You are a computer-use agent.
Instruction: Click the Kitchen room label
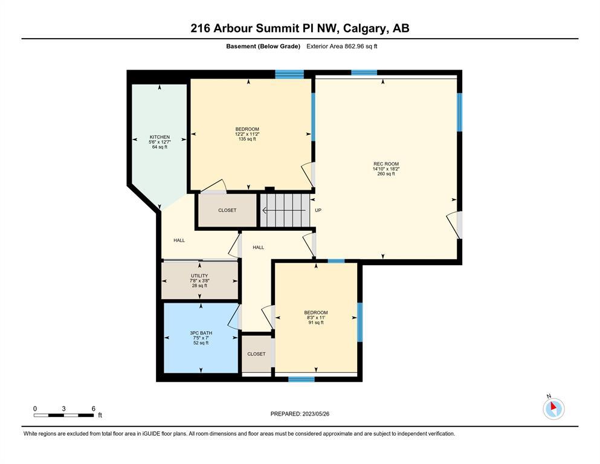pos(160,142)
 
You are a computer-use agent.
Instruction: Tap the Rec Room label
pos(386,169)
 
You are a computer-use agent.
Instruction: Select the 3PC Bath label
pos(201,338)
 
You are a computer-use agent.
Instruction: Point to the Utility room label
pos(199,280)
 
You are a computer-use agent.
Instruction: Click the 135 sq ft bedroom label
pos(247,134)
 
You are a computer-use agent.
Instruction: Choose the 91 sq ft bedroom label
pos(316,318)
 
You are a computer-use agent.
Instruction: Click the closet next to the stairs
pos(227,210)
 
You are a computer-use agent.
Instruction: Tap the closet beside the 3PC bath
pos(256,354)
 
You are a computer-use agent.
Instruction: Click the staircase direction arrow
pos(283,210)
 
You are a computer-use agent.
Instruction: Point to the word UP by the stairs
pos(318,210)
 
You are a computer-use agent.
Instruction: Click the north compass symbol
pos(553,408)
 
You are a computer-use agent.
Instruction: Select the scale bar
pos(64,415)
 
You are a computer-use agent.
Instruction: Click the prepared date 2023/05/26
pos(300,414)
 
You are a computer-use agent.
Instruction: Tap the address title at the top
pos(300,28)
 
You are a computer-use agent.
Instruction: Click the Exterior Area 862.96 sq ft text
pos(342,47)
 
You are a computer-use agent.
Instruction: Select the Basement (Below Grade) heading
pos(263,47)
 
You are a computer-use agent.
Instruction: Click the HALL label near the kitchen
pos(179,240)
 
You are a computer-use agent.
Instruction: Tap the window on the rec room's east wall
pos(460,112)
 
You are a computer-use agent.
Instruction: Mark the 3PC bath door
pos(235,317)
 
